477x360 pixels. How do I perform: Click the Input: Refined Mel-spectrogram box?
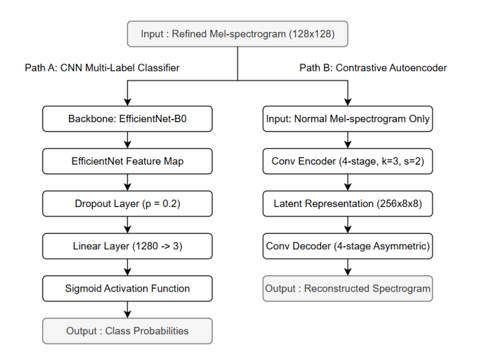pos(237,33)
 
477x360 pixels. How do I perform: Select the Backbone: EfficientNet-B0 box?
pos(128,119)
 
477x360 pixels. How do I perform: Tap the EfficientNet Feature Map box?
pos(128,161)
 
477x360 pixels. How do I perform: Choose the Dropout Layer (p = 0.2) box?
pos(128,204)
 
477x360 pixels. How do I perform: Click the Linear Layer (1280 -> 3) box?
pos(128,246)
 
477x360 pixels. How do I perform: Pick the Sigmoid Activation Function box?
pos(128,288)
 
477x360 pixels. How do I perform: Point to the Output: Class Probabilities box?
pos(128,331)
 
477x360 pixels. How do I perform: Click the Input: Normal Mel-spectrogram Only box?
pos(348,119)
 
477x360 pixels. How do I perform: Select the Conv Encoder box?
pos(348,161)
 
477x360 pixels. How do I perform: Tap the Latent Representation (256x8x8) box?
pos(348,204)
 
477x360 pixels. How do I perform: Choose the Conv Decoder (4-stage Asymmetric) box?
pos(348,246)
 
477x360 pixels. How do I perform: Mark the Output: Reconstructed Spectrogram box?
pos(348,288)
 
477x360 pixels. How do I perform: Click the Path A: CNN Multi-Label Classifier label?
pos(103,68)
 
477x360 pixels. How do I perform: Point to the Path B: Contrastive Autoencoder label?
pos(373,68)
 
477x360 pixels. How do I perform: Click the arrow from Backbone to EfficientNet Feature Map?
pos(128,140)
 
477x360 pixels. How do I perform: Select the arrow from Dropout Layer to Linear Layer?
pos(128,225)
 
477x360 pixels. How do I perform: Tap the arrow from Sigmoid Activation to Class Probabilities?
pos(128,309)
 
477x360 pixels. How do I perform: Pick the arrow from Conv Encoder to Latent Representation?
pos(348,182)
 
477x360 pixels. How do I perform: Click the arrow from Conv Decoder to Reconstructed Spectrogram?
pos(348,267)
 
